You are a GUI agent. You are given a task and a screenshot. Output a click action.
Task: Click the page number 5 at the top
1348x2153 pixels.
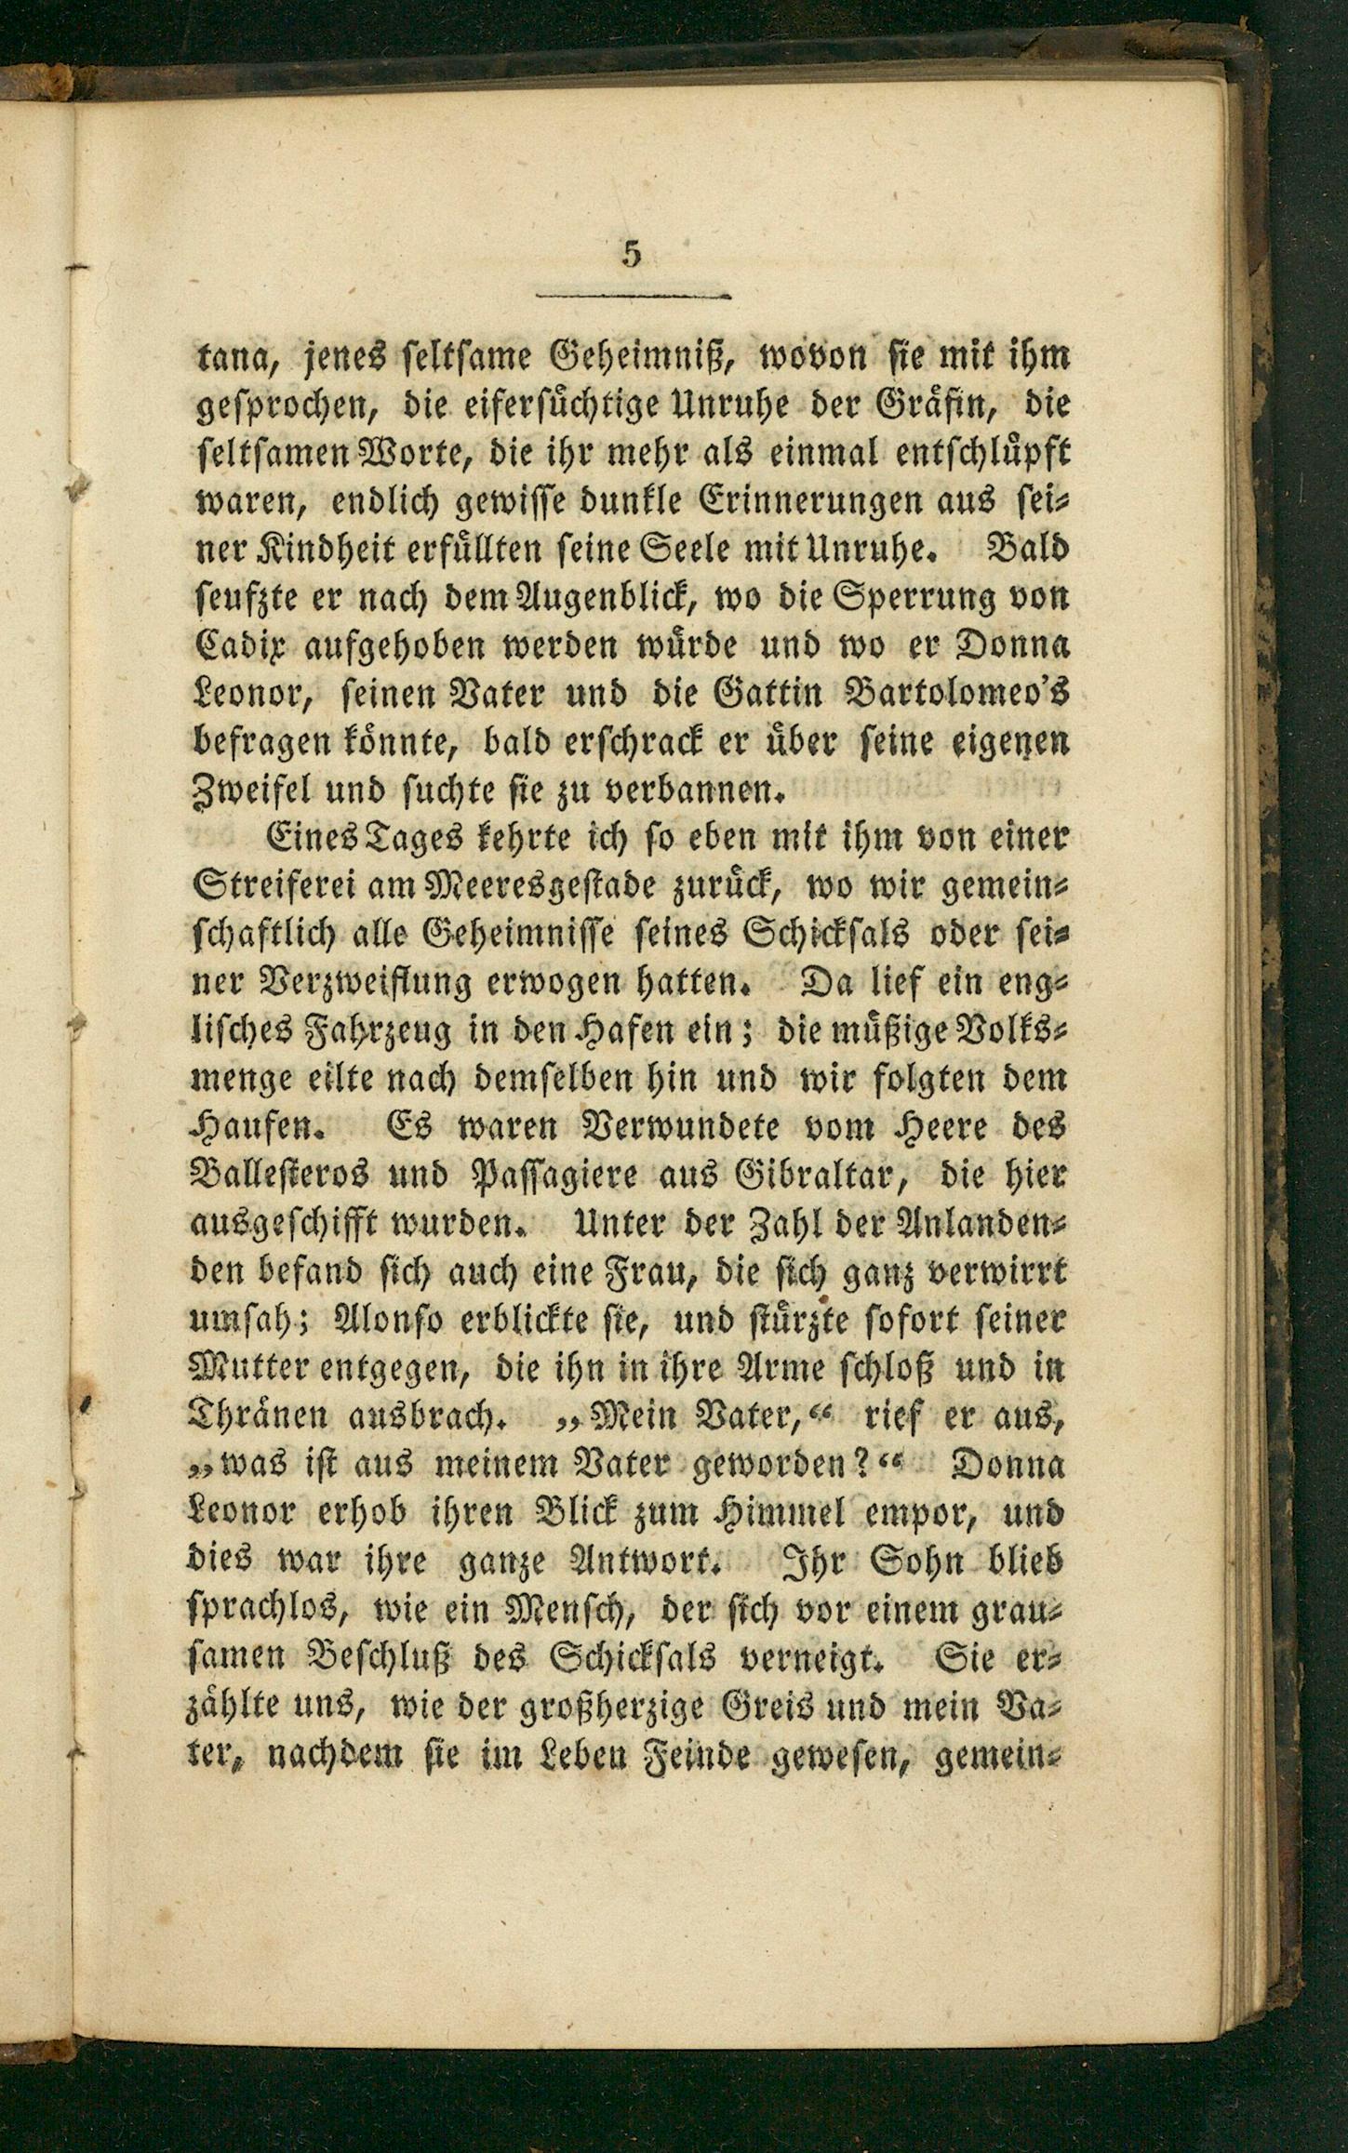(633, 254)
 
